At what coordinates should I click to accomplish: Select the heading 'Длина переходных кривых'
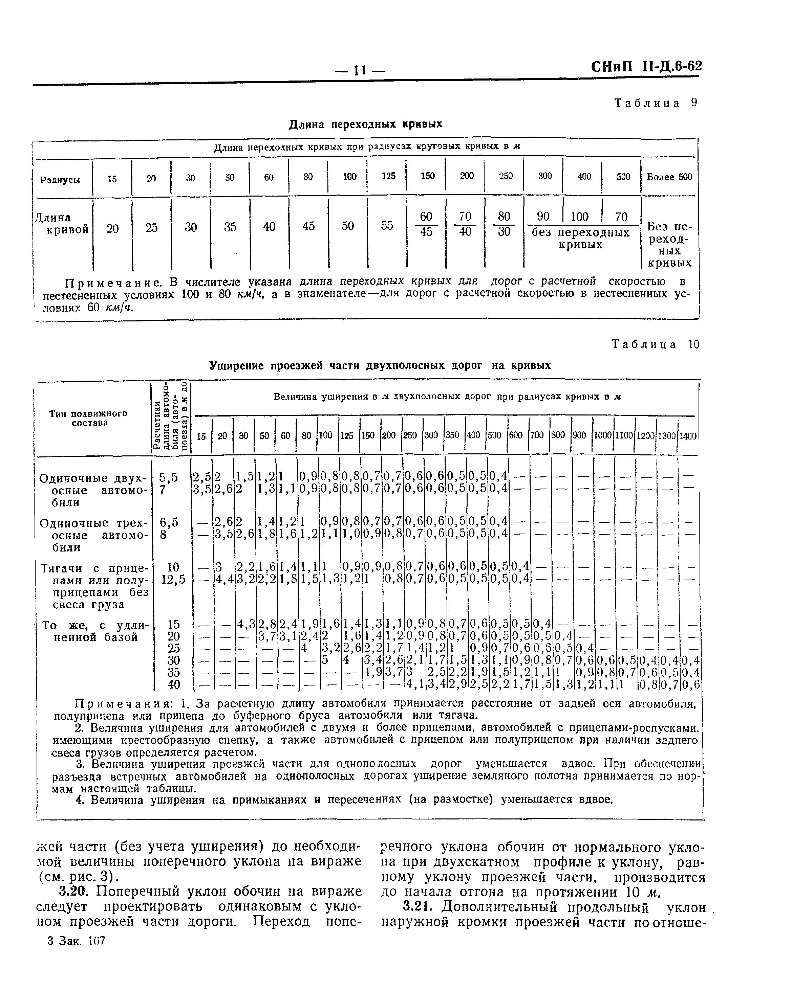pos(366,124)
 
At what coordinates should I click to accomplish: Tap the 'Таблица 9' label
pos(656,103)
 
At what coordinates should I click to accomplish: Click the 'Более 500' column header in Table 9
pos(669,177)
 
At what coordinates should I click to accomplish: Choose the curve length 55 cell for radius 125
pos(387,226)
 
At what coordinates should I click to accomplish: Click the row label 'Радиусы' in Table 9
pos(60,180)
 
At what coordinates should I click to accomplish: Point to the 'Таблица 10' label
pos(656,344)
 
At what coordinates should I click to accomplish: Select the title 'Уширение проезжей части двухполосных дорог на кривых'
pos(380,365)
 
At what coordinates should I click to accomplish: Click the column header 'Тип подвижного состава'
pos(88,418)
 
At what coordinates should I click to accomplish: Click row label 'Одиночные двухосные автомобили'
pos(93,490)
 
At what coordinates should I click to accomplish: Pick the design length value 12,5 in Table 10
pos(173,580)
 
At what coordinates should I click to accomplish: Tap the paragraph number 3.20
pos(73,891)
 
